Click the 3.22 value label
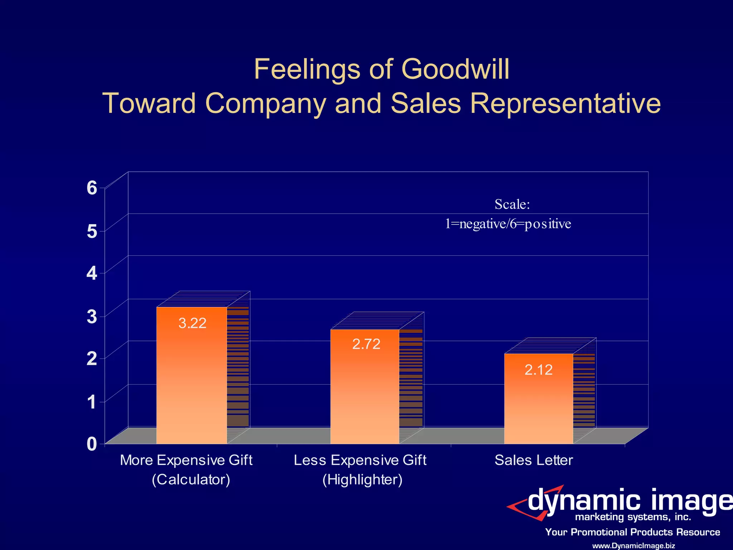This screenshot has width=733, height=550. pyautogui.click(x=192, y=323)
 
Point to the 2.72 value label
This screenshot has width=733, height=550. pyautogui.click(x=366, y=344)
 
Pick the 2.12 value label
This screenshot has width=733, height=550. pyautogui.click(x=539, y=370)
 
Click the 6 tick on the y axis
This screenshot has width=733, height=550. pyautogui.click(x=92, y=188)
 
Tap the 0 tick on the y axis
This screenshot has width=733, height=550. pyautogui.click(x=92, y=444)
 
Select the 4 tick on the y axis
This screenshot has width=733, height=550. pyautogui.click(x=92, y=273)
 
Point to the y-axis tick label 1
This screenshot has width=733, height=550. pyautogui.click(x=92, y=402)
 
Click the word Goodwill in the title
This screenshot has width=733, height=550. pyautogui.click(x=455, y=69)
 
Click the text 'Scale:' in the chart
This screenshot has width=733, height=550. pyautogui.click(x=512, y=204)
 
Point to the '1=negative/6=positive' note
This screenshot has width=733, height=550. pyautogui.click(x=508, y=224)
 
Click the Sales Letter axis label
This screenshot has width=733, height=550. pyautogui.click(x=534, y=460)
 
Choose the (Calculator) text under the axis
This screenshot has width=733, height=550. pyautogui.click(x=191, y=479)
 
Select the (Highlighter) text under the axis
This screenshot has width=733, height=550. pyautogui.click(x=362, y=479)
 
